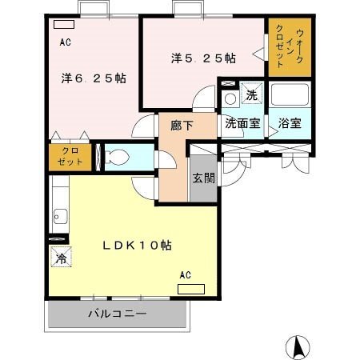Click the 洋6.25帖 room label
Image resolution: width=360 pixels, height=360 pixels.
[94, 78]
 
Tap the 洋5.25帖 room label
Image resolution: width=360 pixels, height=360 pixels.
[203, 58]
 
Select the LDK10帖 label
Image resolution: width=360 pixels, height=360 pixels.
[138, 246]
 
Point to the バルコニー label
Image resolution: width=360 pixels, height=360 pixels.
[118, 314]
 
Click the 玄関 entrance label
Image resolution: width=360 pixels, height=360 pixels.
[204, 178]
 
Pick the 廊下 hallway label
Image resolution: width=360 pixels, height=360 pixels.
[182, 126]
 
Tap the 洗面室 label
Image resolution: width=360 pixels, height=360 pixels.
[242, 123]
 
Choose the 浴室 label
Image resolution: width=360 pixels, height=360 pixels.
[290, 123]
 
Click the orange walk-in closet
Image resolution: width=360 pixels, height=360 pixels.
[290, 47]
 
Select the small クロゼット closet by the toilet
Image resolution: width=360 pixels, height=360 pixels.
[70, 158]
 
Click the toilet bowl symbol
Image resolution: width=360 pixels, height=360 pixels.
[117, 157]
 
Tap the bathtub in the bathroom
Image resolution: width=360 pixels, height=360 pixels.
[290, 94]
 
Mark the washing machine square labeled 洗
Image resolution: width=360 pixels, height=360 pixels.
[252, 93]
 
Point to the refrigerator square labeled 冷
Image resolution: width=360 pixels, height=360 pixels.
[62, 257]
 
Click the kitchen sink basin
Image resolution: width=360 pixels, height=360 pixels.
[60, 216]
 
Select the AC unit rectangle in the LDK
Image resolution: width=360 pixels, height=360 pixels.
[191, 289]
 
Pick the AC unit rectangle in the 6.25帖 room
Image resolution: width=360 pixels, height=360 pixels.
[64, 25]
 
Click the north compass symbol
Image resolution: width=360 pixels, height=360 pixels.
[298, 347]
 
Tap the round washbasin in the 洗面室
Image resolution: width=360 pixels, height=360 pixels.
[230, 99]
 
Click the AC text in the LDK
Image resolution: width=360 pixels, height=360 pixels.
[186, 275]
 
